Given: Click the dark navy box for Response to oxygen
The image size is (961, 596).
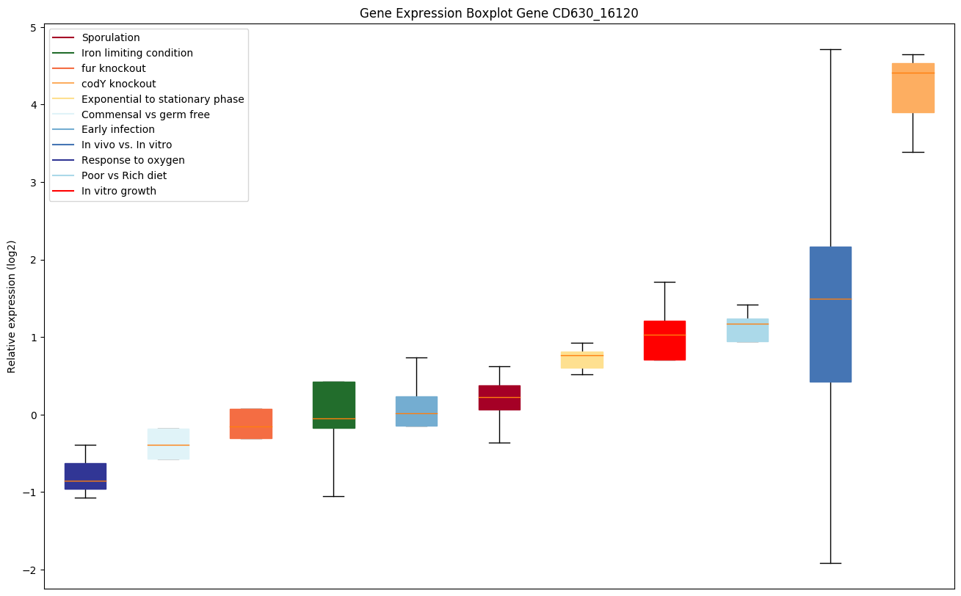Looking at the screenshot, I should tap(85, 476).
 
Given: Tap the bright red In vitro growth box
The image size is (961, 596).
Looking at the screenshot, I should tap(664, 341).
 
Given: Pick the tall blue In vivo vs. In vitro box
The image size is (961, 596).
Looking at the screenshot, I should tap(830, 314).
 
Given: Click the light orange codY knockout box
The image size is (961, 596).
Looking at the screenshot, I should tap(913, 88).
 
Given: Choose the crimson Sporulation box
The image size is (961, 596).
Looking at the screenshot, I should tap(499, 397).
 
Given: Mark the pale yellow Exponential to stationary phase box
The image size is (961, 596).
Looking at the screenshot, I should tap(582, 360).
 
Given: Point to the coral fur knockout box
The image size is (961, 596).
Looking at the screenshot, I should tap(251, 424).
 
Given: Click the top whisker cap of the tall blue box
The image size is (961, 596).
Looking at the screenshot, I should tap(830, 49).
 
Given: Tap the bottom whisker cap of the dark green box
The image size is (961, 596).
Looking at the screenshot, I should tap(333, 496).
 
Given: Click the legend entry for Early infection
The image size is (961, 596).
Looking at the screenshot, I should tap(118, 130).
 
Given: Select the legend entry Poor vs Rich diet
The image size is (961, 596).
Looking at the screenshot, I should tap(124, 175).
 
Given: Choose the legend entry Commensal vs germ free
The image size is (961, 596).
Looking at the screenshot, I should tap(145, 115).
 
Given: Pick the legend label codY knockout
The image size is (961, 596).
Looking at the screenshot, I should tap(119, 84).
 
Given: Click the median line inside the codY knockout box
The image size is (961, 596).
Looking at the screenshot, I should tap(913, 73).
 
